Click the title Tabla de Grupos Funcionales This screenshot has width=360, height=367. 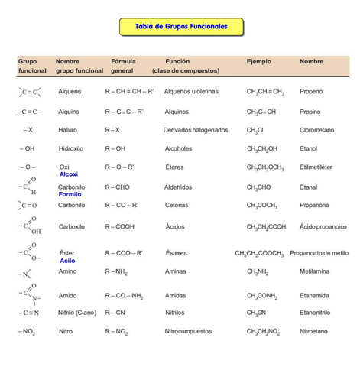[181, 27]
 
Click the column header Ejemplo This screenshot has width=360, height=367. [258, 61]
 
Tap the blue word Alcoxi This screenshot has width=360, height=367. [68, 174]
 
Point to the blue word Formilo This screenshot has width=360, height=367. [70, 194]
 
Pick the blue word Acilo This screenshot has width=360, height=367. [67, 261]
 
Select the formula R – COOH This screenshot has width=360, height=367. [123, 226]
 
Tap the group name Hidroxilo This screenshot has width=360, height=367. [71, 148]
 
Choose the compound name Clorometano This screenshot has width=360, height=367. [316, 130]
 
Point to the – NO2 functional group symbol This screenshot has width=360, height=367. [27, 331]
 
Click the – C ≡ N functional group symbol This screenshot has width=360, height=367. [28, 312]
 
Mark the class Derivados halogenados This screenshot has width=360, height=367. [196, 130]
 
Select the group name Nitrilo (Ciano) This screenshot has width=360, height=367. [77, 312]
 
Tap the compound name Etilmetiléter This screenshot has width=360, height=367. [318, 167]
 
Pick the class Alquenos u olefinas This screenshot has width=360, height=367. [191, 91]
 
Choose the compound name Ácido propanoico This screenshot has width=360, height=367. [323, 226]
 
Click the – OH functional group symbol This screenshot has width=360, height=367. [27, 148]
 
